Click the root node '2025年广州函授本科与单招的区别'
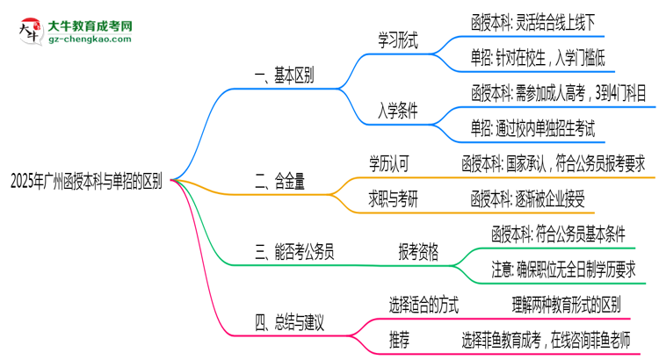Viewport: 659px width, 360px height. coord(85,182)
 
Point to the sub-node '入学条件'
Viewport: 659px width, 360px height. coord(398,111)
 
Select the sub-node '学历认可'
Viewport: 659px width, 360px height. coord(388,163)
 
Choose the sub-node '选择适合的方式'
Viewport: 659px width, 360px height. coord(423,305)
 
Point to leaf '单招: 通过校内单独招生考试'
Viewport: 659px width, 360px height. coord(532,129)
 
